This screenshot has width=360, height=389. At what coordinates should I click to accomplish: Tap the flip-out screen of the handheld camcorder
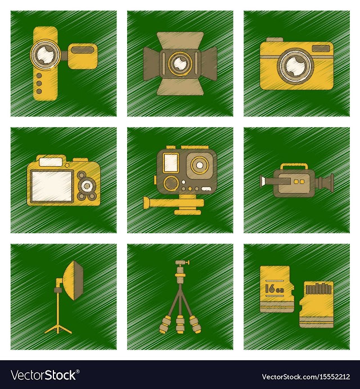83,56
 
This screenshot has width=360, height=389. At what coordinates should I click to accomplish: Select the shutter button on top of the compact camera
274,40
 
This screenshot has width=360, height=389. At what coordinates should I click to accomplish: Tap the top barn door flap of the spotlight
180,41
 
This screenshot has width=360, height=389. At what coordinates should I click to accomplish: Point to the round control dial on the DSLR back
87,185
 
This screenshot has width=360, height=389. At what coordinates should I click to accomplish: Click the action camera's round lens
199,166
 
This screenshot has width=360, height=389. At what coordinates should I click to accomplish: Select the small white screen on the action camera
172,162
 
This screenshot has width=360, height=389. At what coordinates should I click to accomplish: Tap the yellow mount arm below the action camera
174,203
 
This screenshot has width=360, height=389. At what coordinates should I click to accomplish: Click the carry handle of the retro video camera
294,167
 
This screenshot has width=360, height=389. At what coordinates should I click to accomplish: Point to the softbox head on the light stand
73,280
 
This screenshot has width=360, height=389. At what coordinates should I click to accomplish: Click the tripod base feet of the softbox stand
58,330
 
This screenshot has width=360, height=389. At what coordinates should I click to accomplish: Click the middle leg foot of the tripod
180,325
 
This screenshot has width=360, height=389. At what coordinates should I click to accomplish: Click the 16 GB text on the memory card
274,289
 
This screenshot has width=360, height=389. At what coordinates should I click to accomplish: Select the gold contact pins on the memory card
318,289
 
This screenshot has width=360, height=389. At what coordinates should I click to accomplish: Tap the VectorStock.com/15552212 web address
306,377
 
